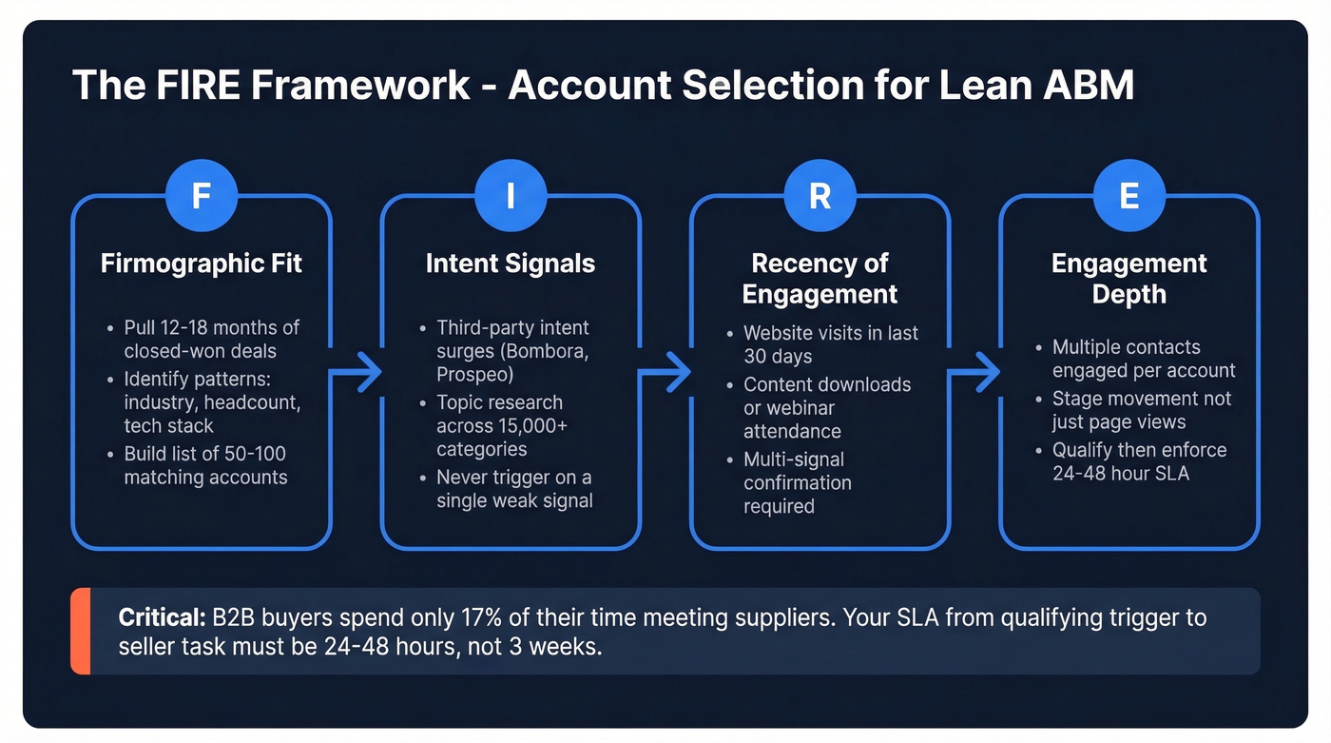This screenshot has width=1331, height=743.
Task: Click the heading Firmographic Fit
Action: [x=202, y=264]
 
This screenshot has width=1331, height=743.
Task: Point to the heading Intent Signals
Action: [x=511, y=264]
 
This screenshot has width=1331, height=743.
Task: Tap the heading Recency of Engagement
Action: [x=820, y=279]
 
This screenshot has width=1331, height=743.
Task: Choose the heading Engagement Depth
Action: [x=1128, y=279]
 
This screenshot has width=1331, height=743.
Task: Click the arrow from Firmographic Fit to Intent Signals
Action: [x=356, y=372]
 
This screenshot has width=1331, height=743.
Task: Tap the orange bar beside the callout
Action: [x=80, y=631]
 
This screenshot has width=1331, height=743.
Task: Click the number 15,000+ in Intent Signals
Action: [x=526, y=426]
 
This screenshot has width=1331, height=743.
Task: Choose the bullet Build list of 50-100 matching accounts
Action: [x=205, y=465]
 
